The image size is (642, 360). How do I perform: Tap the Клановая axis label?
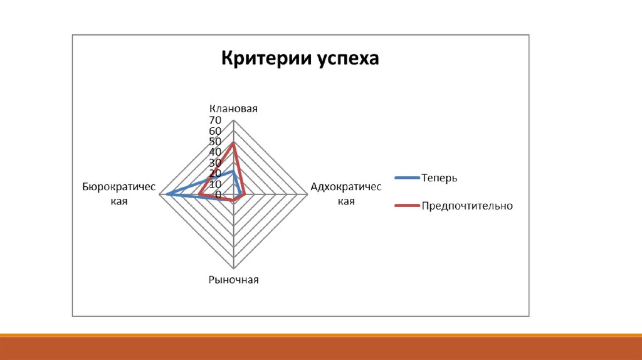point(233,109)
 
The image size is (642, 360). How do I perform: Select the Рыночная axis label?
point(233,280)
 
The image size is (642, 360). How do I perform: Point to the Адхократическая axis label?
point(346,194)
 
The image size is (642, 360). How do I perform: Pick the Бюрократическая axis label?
point(118,194)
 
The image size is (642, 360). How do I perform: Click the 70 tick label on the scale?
point(215,120)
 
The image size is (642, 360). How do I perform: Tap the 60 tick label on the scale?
point(215,131)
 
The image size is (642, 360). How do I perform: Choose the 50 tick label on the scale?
point(215,142)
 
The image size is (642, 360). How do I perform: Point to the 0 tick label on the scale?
point(218,194)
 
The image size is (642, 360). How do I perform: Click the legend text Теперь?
point(439,178)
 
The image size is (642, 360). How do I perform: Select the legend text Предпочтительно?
point(467,206)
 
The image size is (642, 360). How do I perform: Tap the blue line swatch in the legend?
point(407,177)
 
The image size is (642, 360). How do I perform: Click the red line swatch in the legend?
point(407,205)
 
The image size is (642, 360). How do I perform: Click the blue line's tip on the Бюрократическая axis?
point(167,194)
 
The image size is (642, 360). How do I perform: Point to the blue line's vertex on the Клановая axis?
point(233,171)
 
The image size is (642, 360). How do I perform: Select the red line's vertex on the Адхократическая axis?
point(245,194)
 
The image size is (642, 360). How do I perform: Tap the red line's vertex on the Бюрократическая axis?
point(199,194)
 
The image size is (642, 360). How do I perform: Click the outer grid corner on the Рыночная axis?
point(233,268)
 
